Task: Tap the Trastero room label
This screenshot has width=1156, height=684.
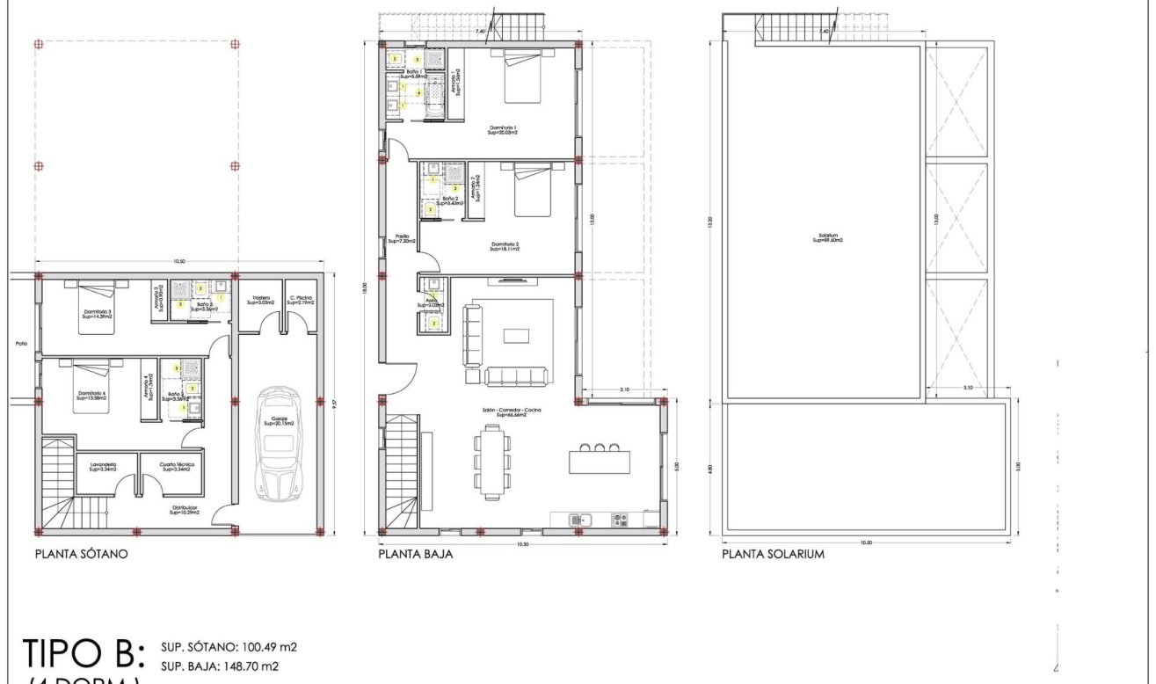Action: pos(260,300)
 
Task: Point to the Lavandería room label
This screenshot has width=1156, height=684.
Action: pos(103,466)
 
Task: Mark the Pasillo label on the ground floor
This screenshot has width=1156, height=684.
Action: pos(402,238)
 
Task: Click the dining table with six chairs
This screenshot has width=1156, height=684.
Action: pos(491,462)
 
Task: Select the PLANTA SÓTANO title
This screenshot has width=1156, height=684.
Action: pos(82,555)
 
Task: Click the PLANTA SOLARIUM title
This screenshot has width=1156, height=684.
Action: pos(773,555)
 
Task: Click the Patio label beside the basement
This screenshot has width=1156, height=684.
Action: pos(22,344)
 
